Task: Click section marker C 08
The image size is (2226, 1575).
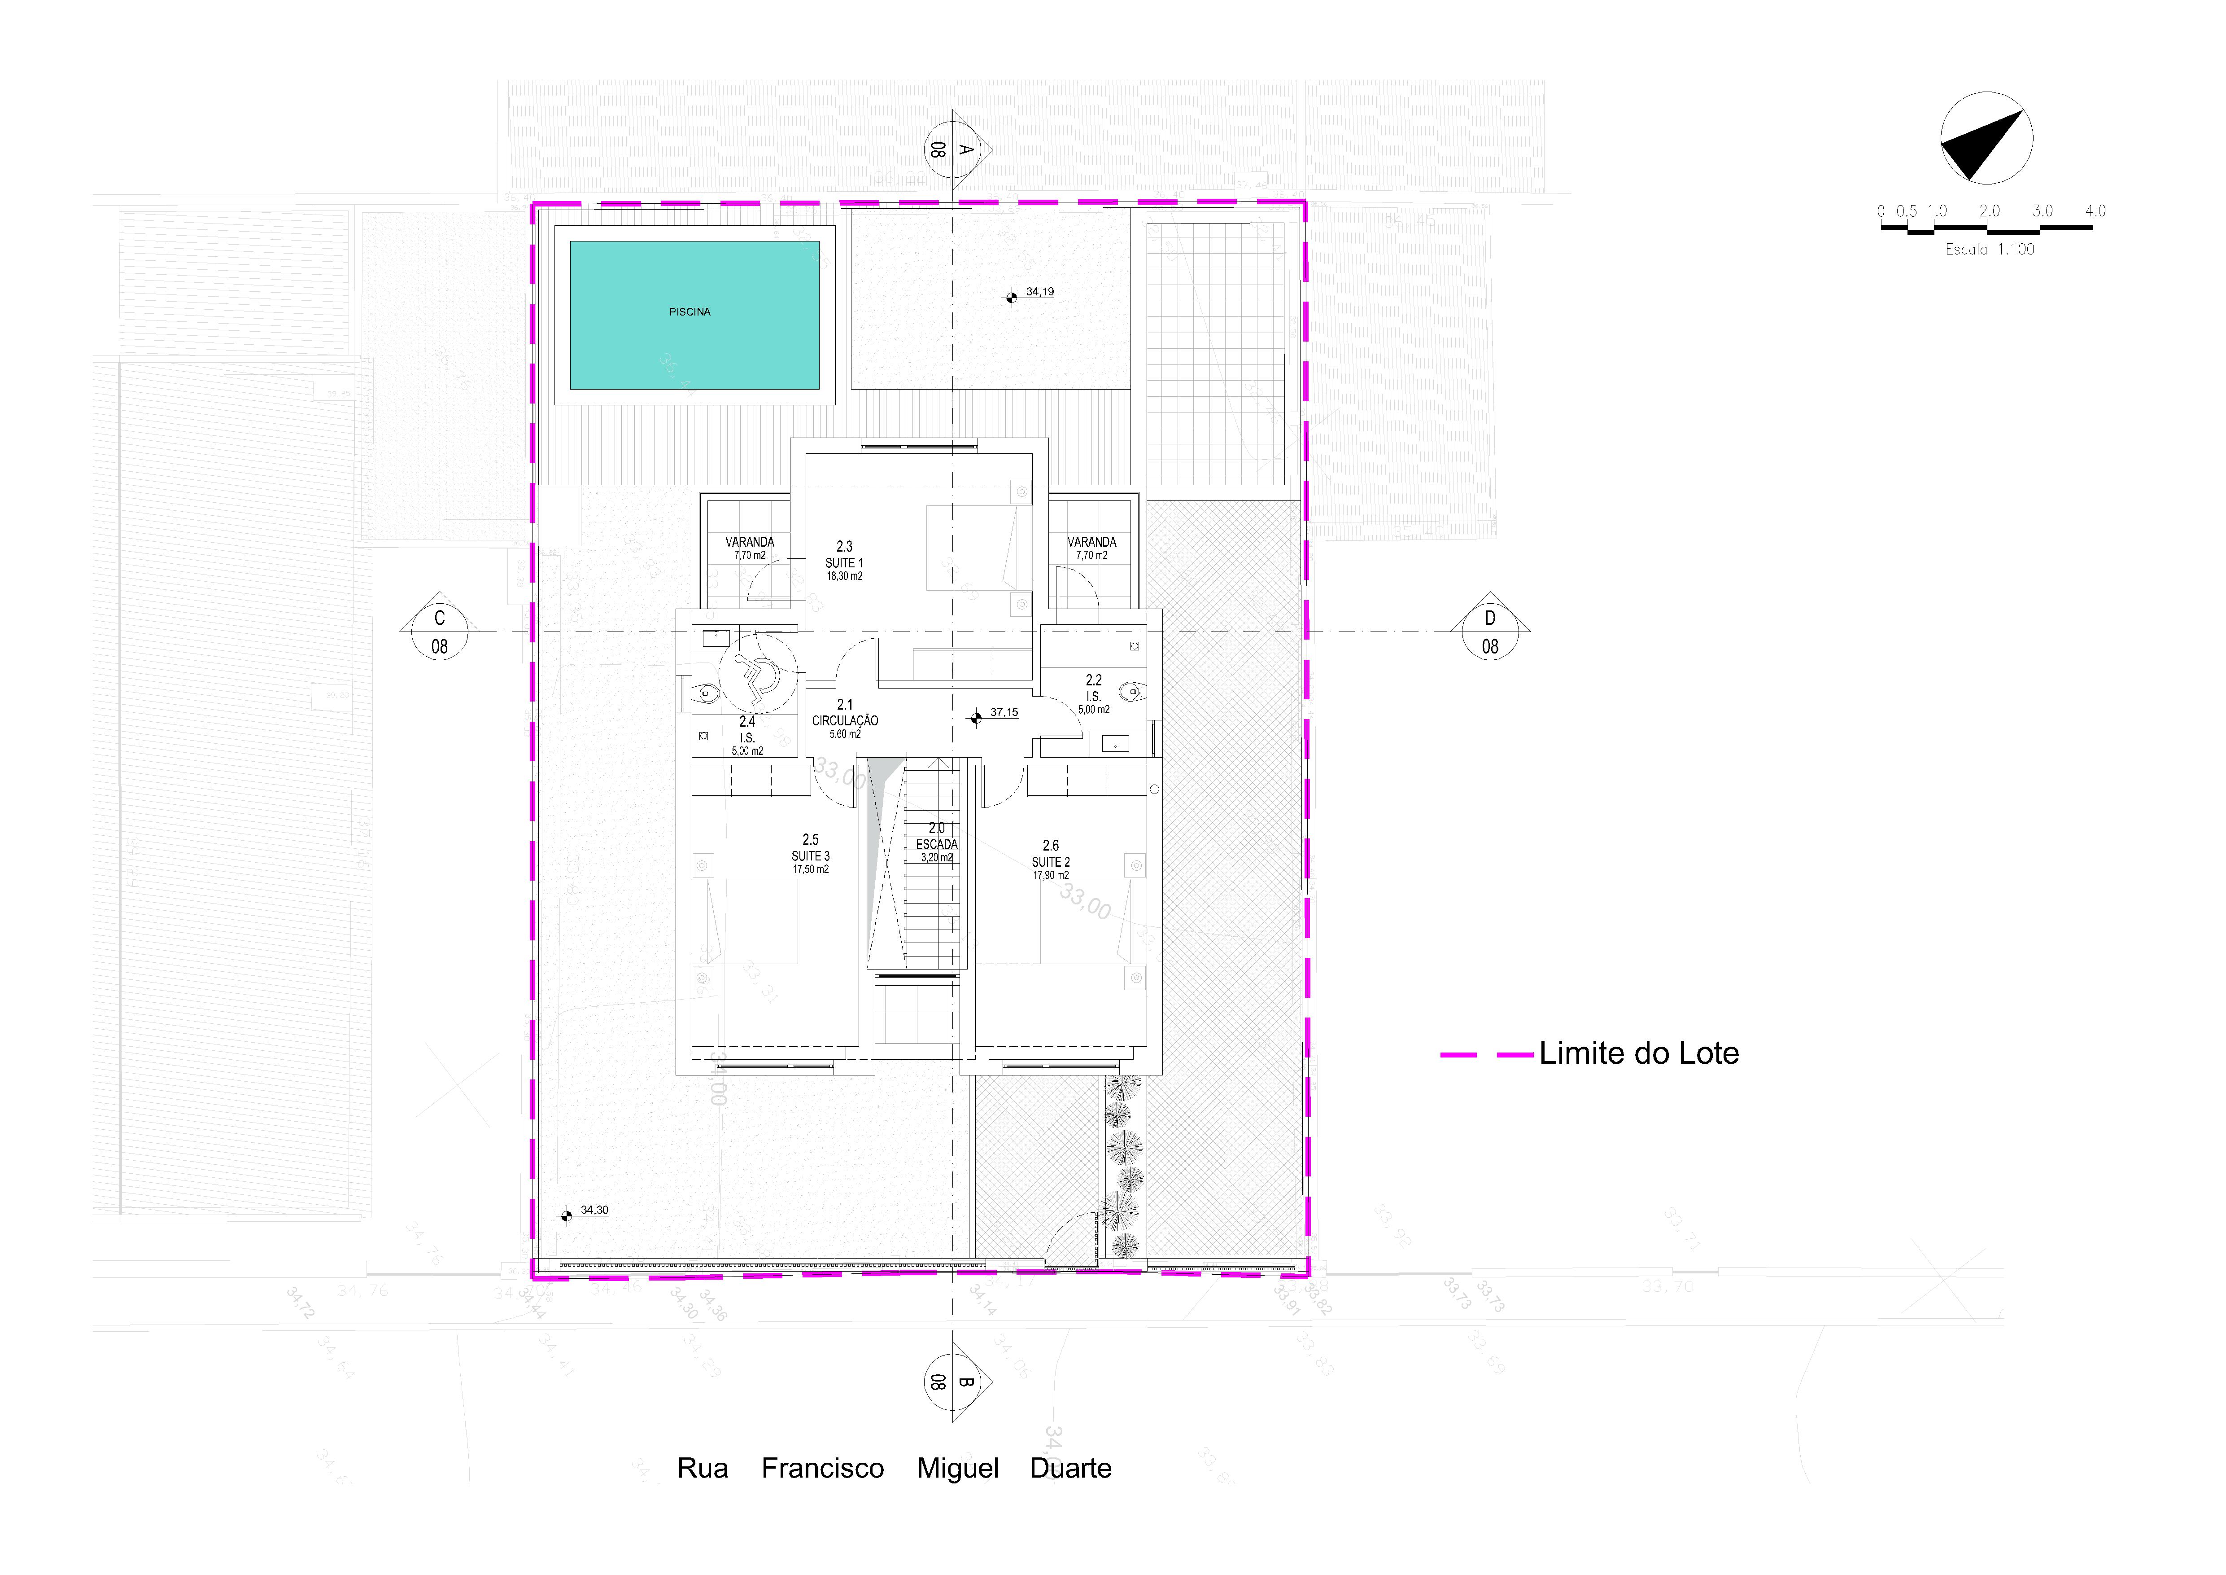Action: coord(439,632)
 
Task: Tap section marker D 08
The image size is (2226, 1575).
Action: coord(1490,632)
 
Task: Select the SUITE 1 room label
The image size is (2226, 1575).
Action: coord(843,562)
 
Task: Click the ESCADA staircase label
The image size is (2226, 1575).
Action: coord(937,844)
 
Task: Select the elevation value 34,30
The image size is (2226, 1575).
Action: coord(594,1211)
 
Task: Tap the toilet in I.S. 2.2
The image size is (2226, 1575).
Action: coord(1130,692)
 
